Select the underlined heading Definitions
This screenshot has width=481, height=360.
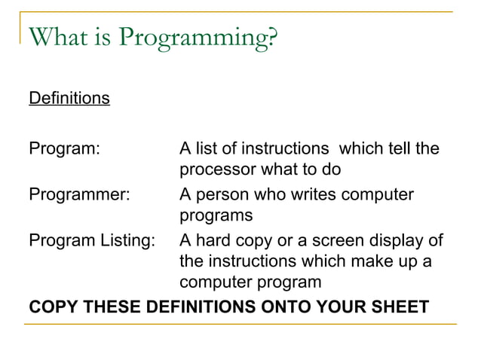pyautogui.click(x=69, y=99)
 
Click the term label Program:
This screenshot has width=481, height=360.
pyautogui.click(x=64, y=149)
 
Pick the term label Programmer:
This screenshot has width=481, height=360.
pyautogui.click(x=79, y=194)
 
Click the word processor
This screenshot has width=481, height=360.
pyautogui.click(x=217, y=169)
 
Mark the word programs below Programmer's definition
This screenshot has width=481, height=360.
pyautogui.click(x=215, y=215)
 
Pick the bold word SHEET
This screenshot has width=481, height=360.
pyautogui.click(x=402, y=307)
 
